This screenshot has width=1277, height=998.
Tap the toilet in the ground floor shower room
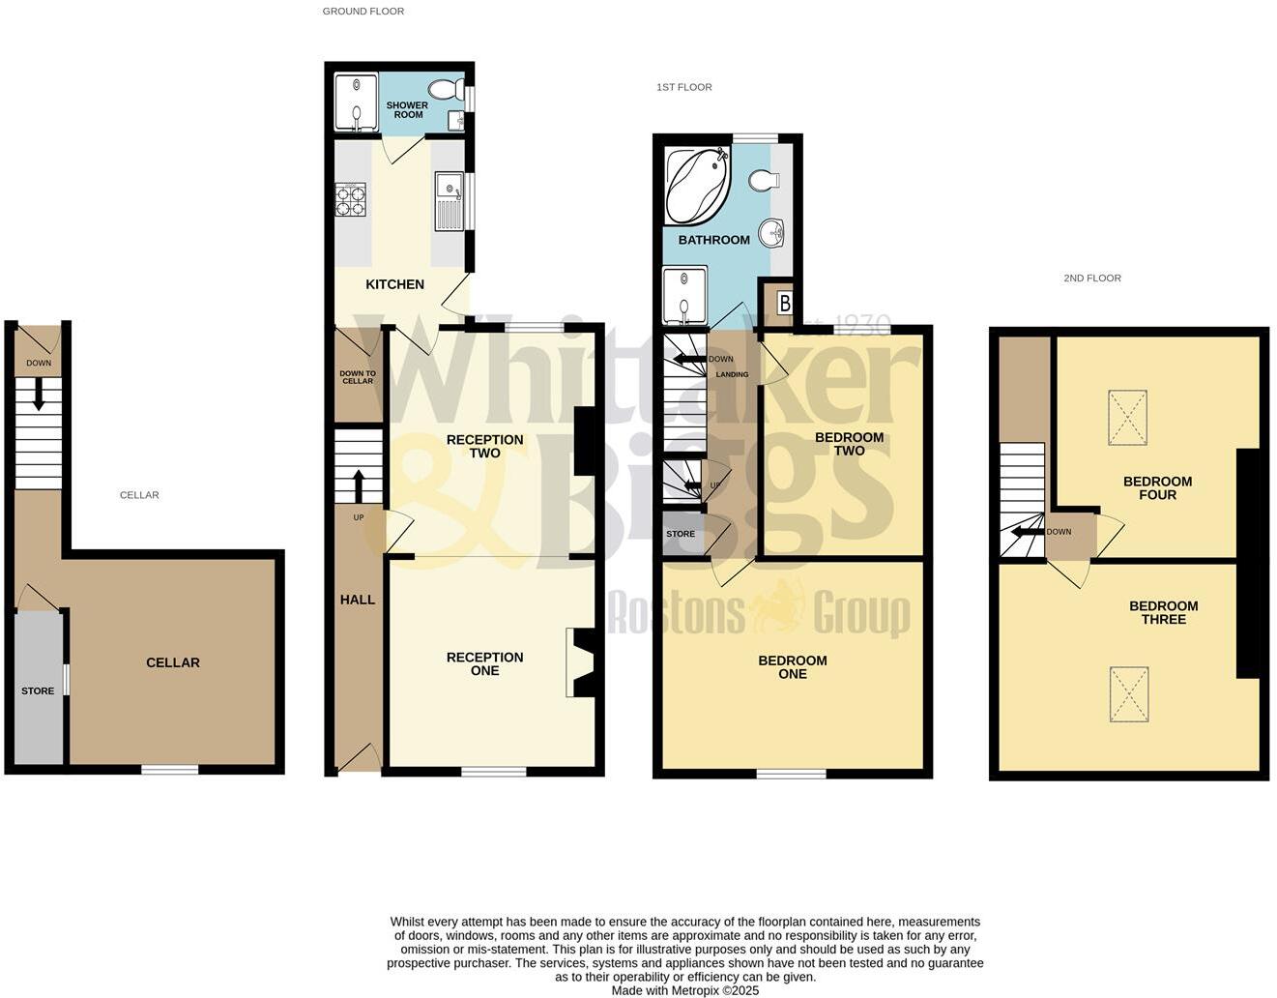[446, 90]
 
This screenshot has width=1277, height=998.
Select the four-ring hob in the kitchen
[350, 199]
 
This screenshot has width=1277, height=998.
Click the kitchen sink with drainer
[450, 201]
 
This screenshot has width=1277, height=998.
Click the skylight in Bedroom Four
[1127, 417]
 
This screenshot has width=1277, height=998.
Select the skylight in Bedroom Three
[1129, 693]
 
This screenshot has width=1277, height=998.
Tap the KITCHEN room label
[394, 284]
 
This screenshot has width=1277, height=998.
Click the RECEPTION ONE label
[484, 663]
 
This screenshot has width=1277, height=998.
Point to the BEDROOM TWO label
[849, 444]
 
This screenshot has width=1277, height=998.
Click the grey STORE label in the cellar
[38, 690]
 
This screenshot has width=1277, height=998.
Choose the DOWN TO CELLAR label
[358, 377]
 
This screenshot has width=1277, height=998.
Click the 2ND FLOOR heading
[1092, 279]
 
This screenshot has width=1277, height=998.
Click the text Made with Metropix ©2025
[684, 990]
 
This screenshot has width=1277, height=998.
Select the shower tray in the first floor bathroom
[684, 297]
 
